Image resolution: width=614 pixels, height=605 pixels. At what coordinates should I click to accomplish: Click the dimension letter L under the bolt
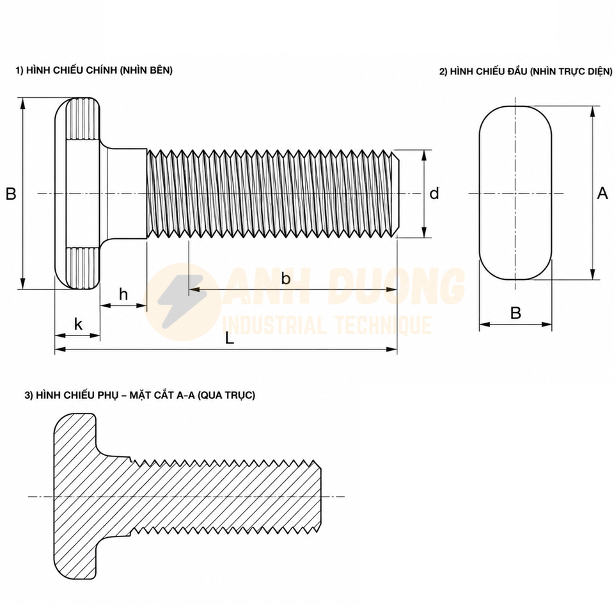[230, 339]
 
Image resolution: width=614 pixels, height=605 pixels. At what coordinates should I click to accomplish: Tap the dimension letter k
[78, 324]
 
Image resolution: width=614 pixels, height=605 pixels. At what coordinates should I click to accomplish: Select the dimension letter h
[123, 294]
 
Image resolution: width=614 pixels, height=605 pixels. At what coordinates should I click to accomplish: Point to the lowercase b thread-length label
[286, 278]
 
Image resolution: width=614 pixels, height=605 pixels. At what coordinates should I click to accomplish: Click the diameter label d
[434, 193]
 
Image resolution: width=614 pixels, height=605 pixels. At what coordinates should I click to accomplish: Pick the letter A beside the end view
[602, 193]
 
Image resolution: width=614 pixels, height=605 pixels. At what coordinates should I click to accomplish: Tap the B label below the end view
[516, 313]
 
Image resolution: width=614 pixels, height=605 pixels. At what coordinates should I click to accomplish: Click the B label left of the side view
[11, 193]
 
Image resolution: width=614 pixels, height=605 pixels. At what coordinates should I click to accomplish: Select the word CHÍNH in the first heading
[100, 70]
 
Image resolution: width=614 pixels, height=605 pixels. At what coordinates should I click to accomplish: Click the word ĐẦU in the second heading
[517, 71]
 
